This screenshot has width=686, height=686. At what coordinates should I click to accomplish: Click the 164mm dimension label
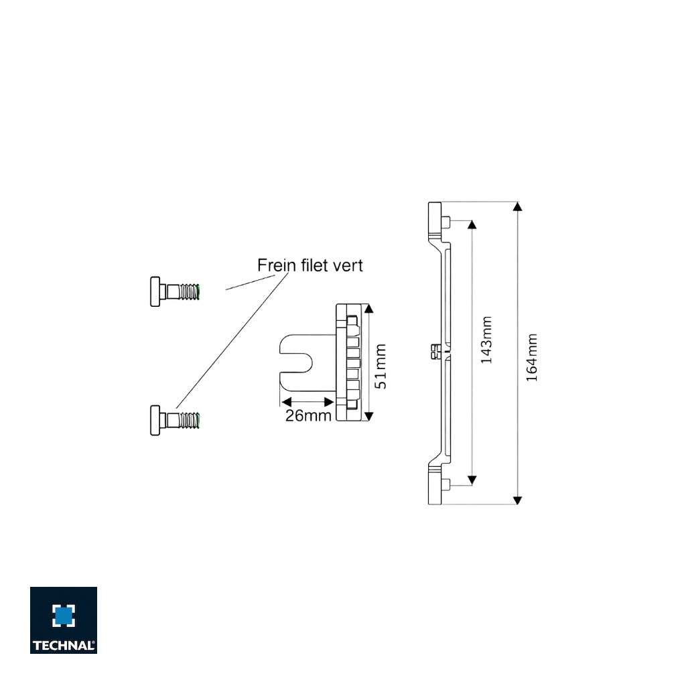click(532, 358)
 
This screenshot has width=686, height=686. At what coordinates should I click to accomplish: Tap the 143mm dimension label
click(487, 340)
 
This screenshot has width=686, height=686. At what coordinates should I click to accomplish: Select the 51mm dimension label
click(381, 366)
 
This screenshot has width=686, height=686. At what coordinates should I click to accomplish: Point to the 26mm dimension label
click(309, 416)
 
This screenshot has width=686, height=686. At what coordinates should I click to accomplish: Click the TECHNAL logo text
click(64, 646)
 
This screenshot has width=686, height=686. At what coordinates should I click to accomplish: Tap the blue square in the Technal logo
click(64, 615)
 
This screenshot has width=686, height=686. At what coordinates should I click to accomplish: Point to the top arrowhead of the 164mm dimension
click(517, 206)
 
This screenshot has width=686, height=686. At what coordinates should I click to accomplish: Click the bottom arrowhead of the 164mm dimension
click(517, 499)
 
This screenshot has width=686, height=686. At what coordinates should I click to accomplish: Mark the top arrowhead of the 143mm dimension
click(472, 224)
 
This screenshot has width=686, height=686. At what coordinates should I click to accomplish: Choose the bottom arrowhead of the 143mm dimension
click(472, 480)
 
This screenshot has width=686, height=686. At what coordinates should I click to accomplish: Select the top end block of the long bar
click(435, 221)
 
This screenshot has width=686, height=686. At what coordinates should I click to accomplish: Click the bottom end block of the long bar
click(435, 484)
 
